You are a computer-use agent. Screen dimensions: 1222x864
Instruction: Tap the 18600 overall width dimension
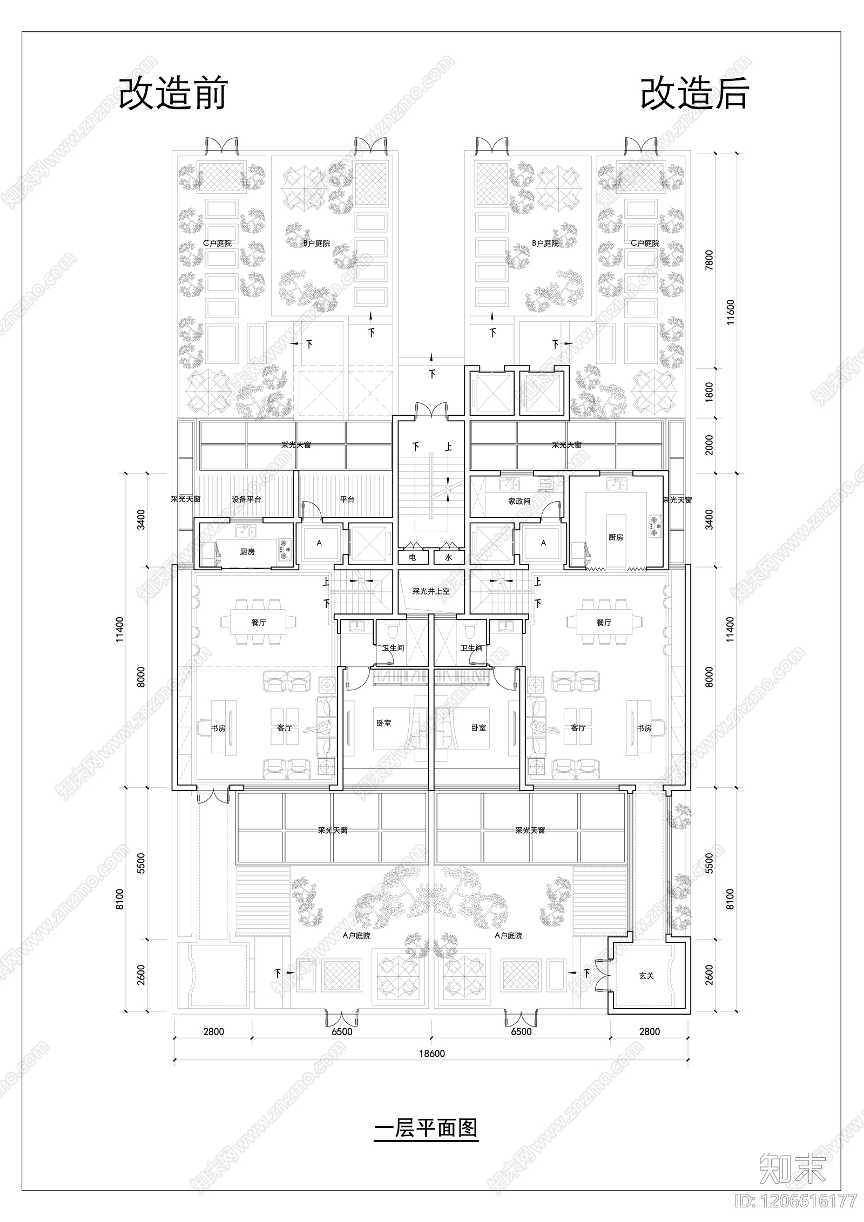(x=431, y=1053)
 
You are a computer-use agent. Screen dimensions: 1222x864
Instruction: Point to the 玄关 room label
(x=646, y=976)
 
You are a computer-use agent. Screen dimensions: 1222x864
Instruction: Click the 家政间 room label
(x=519, y=501)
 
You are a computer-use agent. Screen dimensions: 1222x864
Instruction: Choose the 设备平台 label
(x=246, y=499)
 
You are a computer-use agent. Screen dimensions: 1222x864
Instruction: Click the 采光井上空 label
(x=431, y=591)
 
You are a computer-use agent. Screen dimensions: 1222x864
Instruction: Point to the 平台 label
(x=347, y=499)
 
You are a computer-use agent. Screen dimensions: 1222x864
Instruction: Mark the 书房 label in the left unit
(x=218, y=728)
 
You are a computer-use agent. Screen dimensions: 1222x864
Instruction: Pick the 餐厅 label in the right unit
(x=604, y=623)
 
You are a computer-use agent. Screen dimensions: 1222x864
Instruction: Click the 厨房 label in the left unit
(x=247, y=552)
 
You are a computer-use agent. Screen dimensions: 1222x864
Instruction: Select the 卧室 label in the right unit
(x=478, y=728)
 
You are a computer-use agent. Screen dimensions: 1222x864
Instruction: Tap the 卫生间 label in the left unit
(x=393, y=648)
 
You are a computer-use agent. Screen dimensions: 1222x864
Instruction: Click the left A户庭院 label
(x=356, y=936)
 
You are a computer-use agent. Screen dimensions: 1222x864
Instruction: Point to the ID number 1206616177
(x=796, y=1200)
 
